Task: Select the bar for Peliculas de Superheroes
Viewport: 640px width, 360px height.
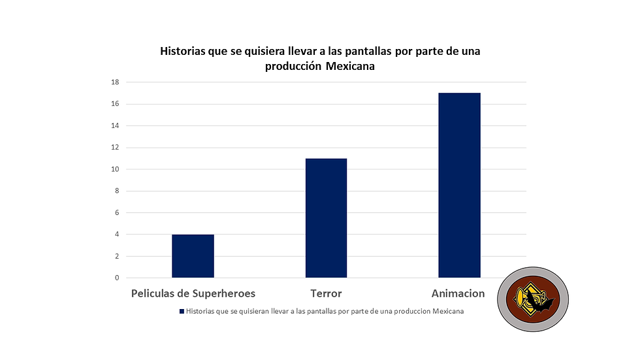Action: coord(193,256)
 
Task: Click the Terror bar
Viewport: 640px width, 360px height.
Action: coord(326,218)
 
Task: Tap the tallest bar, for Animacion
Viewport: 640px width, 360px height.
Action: coord(459,186)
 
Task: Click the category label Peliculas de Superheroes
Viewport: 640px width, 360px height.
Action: coord(193,293)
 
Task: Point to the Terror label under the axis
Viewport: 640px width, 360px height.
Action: coord(326,293)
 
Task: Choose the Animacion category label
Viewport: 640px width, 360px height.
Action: coord(458,293)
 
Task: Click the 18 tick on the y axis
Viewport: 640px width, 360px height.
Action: coord(115,82)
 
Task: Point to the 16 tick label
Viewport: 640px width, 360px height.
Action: coord(115,104)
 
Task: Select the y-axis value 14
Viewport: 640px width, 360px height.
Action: coord(115,126)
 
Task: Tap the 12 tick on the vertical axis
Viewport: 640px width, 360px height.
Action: coord(115,148)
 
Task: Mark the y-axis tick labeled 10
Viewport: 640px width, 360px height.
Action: coord(115,169)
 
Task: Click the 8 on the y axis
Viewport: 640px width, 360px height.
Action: coord(117,191)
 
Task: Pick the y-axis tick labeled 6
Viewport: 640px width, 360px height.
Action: coord(117,213)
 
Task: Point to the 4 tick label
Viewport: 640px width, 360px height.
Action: coord(117,235)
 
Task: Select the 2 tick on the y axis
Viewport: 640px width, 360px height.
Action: coord(117,257)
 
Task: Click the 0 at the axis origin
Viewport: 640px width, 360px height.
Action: coord(117,278)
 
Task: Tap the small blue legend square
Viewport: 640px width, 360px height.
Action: coord(182,312)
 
